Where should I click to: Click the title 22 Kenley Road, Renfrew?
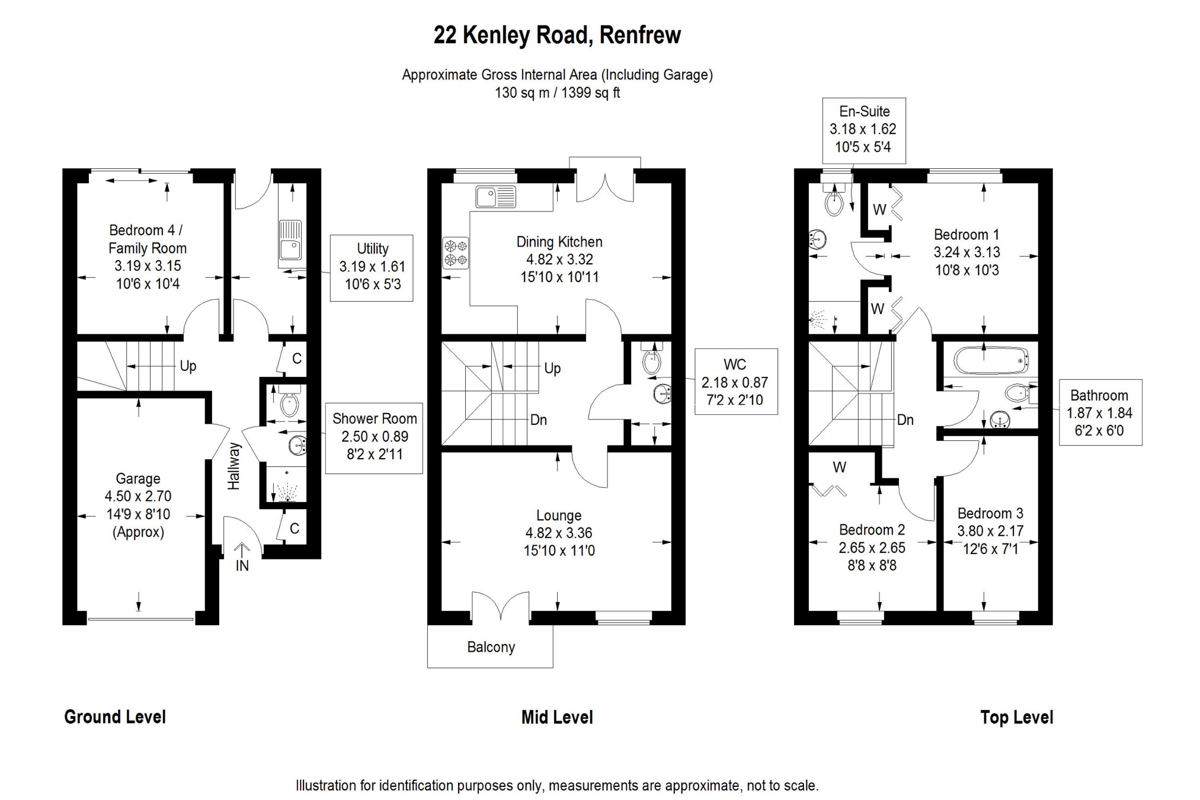click(557, 36)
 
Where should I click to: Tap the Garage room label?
click(138, 479)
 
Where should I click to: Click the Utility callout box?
click(372, 267)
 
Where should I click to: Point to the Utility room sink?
click(290, 241)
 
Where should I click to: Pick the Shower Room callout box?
click(374, 437)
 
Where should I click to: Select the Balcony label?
click(491, 647)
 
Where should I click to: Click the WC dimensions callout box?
click(735, 382)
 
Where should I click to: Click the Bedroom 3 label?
click(990, 513)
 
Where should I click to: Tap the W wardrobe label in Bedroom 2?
click(839, 468)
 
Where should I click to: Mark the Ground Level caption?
click(115, 717)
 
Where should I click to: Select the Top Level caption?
click(1016, 718)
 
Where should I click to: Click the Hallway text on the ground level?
click(235, 466)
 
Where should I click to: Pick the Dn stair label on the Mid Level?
click(538, 420)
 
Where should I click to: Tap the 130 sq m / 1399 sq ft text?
click(557, 93)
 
